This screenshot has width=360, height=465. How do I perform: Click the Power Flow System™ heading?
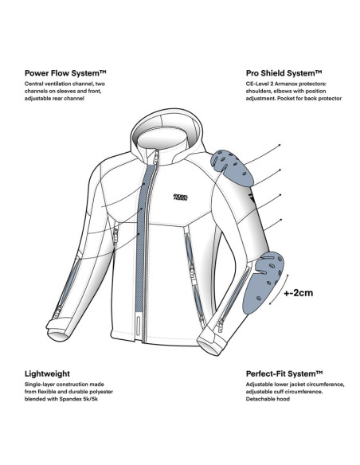tap(65, 73)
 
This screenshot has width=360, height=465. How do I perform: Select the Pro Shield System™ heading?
tap(284, 73)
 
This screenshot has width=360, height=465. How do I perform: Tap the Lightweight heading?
tap(47, 373)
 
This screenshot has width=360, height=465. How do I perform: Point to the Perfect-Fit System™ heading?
tap(284, 373)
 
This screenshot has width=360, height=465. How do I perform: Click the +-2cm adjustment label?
tap(298, 293)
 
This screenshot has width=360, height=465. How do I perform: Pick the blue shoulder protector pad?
tap(232, 167)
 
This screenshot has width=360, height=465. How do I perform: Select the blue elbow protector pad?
tap(263, 282)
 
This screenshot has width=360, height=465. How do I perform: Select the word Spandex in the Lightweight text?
tap(70, 399)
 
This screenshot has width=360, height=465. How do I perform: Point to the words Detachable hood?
tap(268, 399)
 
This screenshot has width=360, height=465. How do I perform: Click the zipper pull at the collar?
tap(156, 157)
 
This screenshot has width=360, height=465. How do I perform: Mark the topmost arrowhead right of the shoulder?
tap(280, 145)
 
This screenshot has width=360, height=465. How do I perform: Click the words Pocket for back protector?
tap(309, 99)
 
